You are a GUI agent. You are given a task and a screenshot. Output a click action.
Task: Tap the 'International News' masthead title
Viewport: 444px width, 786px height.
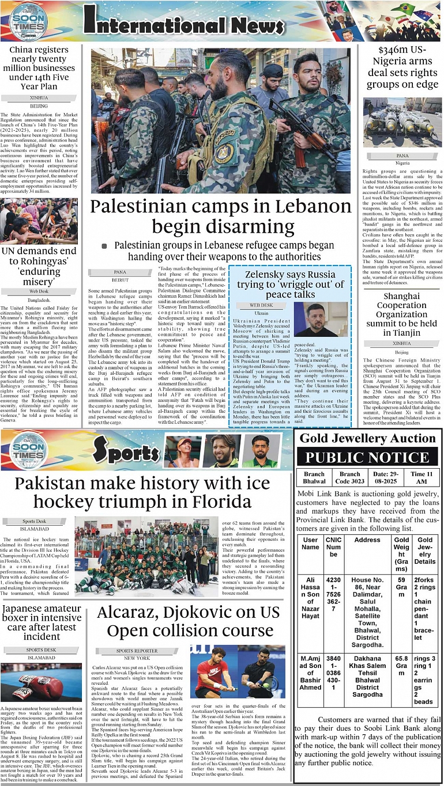(183, 23)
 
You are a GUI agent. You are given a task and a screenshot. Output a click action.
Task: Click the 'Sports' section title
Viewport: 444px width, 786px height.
(126, 451)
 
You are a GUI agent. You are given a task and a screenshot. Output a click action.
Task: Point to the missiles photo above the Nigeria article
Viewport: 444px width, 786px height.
(402, 124)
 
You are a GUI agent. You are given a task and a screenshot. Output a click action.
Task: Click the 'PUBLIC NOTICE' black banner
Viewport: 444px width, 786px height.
(367, 458)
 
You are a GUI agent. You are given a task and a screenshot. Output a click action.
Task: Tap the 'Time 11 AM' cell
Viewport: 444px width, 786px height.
(419, 477)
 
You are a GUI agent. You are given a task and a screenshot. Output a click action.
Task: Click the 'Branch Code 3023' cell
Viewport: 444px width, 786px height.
(349, 477)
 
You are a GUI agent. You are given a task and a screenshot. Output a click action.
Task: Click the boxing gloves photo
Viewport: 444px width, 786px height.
(41, 682)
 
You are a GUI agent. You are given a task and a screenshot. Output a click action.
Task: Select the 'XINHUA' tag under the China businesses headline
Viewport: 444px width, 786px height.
(39, 98)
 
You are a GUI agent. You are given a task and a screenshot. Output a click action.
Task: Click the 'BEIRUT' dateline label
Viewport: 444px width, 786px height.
(120, 279)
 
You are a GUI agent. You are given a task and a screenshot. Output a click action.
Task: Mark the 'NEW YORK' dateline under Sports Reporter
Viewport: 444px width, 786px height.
(137, 658)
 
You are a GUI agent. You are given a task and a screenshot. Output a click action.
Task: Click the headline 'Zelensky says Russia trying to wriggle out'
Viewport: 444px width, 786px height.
(289, 284)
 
